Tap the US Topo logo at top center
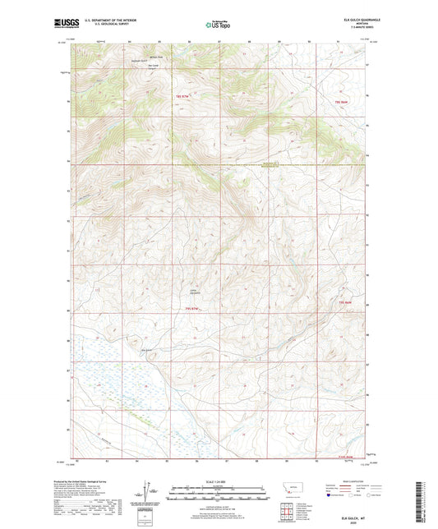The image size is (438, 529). (x=218, y=25)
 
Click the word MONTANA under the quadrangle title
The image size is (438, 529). (x=366, y=24)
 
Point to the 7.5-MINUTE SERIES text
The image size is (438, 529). (x=366, y=28)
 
